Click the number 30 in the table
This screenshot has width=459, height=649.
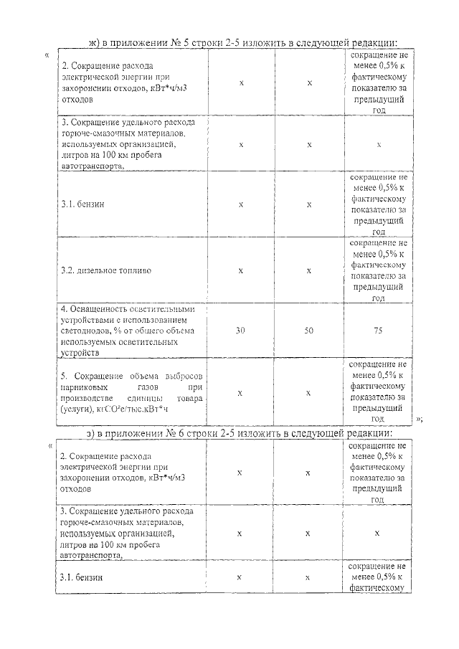coord(242,331)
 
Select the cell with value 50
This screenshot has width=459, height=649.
coord(309,331)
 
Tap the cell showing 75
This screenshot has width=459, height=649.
coord(379,331)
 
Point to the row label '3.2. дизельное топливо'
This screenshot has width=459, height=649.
coord(105,271)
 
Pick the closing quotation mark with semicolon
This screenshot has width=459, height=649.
coord(418,420)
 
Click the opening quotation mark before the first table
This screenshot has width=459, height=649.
coord(47,55)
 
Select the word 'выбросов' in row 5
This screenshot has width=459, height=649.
coord(186,376)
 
